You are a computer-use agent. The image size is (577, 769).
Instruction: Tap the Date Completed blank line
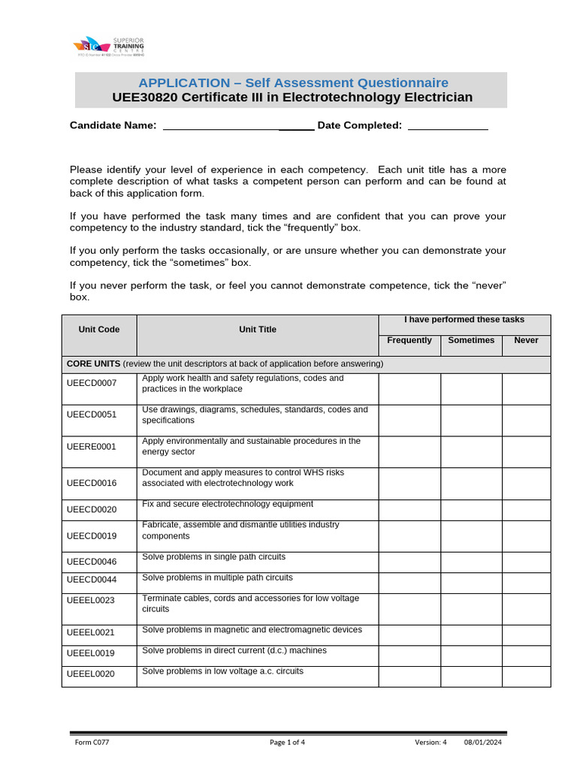coord(448,126)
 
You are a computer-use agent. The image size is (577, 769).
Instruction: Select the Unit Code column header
coord(99,330)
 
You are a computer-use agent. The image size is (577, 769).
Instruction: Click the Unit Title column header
coord(258,330)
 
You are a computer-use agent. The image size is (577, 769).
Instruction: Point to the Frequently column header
coord(409,340)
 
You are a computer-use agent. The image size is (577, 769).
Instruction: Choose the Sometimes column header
coord(471,340)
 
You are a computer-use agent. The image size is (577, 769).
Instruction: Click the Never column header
coord(526,340)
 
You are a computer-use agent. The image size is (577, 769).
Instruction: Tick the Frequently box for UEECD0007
coord(409,388)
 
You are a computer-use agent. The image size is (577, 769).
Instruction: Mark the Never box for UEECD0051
coord(526,420)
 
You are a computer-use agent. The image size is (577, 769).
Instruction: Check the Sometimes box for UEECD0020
coord(471,510)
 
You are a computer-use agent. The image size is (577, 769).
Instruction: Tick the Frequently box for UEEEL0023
coord(409,608)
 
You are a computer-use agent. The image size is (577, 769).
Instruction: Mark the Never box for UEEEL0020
coord(526,675)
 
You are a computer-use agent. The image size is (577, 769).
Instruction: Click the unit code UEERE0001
coord(92,447)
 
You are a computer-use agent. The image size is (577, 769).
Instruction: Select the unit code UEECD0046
coord(92,562)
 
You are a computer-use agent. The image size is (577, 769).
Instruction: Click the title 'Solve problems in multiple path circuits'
coord(217,578)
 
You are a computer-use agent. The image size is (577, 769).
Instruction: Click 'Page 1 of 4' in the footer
coord(287,743)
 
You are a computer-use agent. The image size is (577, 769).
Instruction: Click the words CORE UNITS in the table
coord(93,363)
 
